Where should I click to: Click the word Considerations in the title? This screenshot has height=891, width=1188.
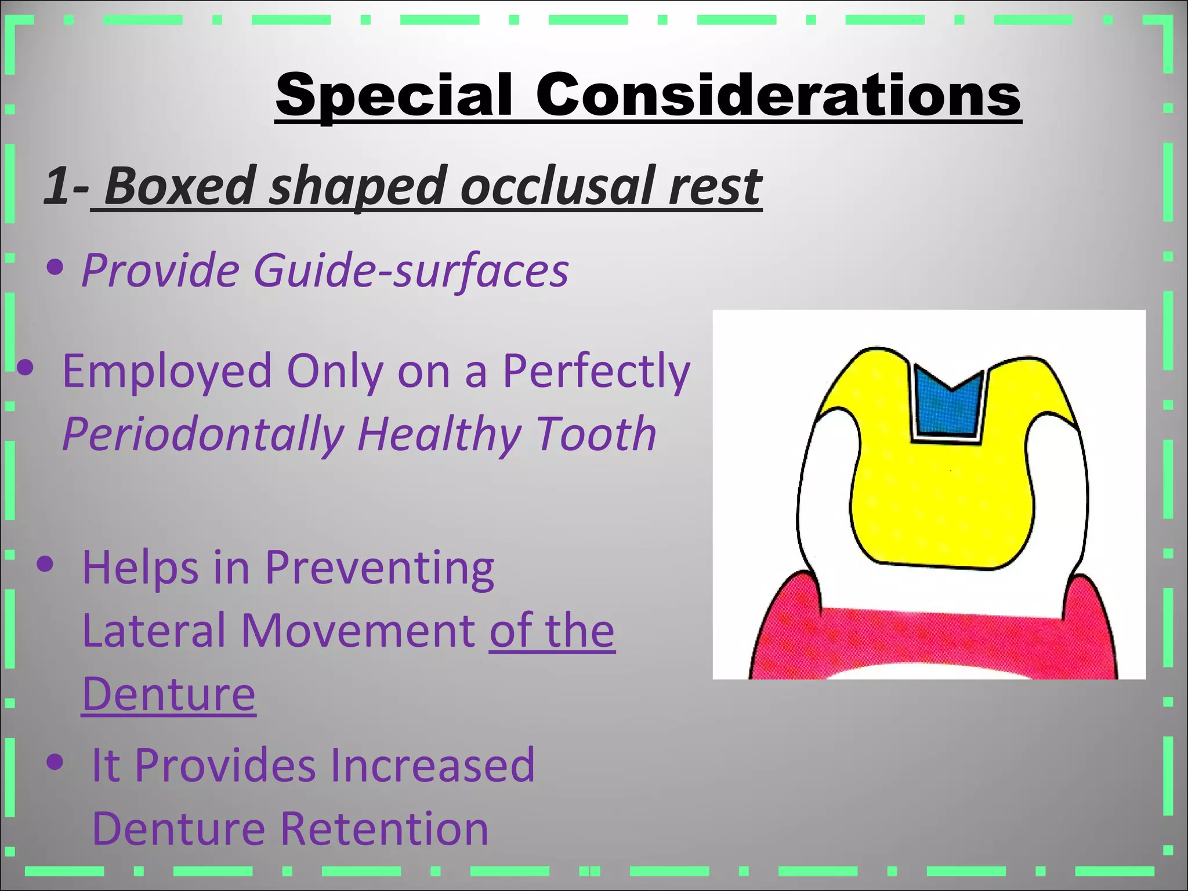point(777,96)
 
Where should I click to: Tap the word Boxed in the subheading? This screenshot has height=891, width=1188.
point(180,186)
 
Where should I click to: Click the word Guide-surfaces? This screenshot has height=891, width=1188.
point(411,270)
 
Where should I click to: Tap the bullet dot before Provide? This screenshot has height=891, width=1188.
point(55,268)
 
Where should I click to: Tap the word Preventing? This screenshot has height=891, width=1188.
point(379,568)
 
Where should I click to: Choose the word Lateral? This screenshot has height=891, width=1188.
point(154,631)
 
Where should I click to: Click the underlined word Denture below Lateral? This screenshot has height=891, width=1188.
point(168,694)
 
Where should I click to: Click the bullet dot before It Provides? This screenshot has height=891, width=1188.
point(55,763)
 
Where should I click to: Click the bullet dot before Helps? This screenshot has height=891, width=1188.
point(45,564)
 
